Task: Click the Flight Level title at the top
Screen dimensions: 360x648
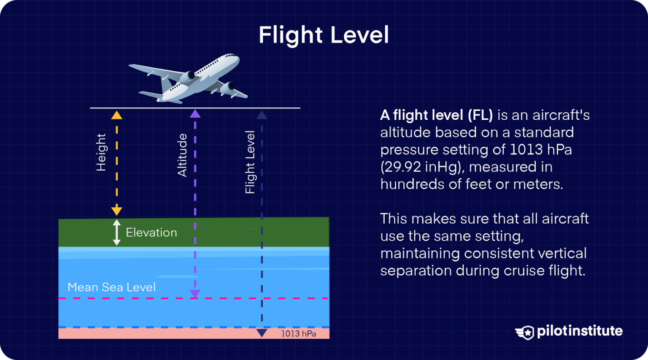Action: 324,35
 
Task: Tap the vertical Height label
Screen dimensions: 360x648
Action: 101,152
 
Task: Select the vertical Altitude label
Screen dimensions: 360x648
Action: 182,155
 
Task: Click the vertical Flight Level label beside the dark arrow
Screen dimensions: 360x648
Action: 250,162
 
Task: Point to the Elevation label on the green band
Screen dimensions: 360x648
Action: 151,233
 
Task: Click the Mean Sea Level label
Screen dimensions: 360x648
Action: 111,287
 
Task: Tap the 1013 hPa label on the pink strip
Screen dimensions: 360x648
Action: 298,333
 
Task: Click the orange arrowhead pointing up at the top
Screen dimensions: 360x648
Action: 117,115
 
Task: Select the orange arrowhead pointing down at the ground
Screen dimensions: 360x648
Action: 117,211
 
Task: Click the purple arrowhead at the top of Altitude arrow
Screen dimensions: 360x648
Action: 195,114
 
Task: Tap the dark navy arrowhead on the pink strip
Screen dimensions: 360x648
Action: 262,333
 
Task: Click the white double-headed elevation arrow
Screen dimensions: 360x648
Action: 117,233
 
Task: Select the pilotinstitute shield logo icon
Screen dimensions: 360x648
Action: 525,332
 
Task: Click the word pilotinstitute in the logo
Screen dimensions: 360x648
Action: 580,331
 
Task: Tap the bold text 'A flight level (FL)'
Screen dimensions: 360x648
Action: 436,115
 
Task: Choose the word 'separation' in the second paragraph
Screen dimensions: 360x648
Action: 416,271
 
